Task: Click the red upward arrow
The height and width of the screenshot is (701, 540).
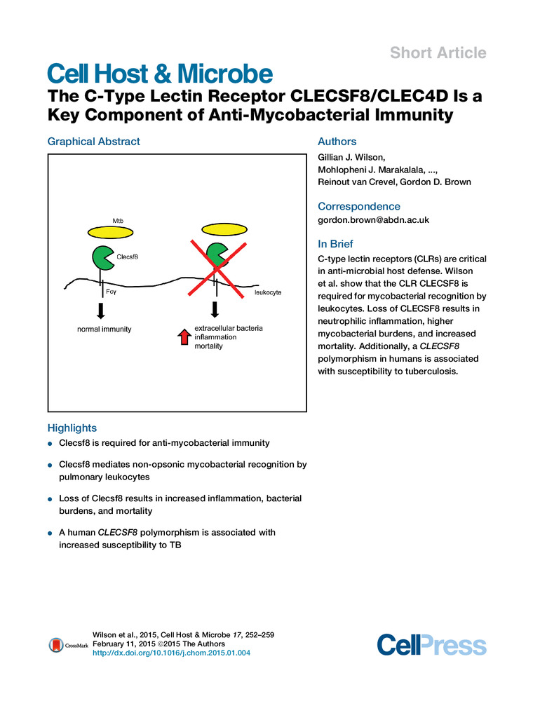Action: (x=183, y=337)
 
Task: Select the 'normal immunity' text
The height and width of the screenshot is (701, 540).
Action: (x=104, y=329)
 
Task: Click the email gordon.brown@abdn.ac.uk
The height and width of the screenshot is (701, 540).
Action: (x=373, y=220)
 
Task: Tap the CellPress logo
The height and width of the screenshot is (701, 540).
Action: (x=431, y=645)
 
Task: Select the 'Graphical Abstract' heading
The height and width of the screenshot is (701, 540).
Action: (x=93, y=142)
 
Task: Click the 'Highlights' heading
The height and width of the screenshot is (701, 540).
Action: (x=72, y=428)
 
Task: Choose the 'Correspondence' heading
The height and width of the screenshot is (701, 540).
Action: (x=359, y=206)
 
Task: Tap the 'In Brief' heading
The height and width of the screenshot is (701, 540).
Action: (x=335, y=244)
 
